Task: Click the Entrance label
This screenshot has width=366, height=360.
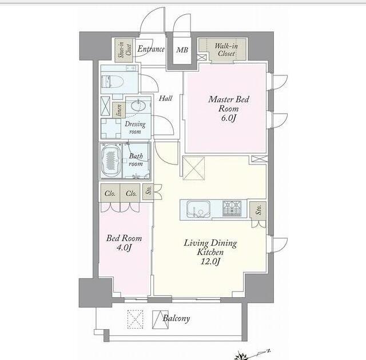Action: click(x=151, y=49)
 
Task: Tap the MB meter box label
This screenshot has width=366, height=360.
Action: click(x=182, y=50)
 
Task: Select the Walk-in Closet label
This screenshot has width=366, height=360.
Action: click(x=226, y=50)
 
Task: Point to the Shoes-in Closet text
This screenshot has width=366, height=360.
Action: click(x=124, y=50)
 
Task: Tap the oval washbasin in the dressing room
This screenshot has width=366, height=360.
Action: click(x=138, y=106)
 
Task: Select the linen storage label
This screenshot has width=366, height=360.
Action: click(x=119, y=110)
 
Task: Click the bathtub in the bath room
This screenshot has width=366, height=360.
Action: click(x=112, y=161)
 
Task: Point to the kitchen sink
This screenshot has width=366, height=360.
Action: click(x=198, y=209)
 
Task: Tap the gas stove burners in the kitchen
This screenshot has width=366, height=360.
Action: click(x=232, y=208)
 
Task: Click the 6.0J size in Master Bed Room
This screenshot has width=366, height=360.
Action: click(x=228, y=118)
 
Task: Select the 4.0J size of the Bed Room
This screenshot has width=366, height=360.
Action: click(x=124, y=247)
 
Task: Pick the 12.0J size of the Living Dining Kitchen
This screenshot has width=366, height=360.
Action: click(x=210, y=261)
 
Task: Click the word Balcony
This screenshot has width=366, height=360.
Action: click(x=176, y=318)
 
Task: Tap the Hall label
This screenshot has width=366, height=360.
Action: click(x=165, y=98)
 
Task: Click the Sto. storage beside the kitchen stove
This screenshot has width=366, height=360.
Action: click(x=258, y=210)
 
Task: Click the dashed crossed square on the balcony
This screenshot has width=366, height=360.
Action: click(x=135, y=319)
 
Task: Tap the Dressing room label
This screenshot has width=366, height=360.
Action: click(x=135, y=127)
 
